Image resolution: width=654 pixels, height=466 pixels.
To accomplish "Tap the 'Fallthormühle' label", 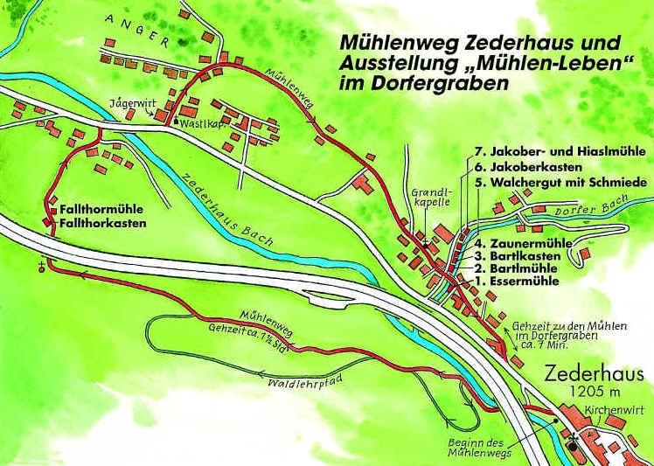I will pos(101,210).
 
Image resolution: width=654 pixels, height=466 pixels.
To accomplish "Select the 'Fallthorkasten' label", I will pos(102,224).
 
